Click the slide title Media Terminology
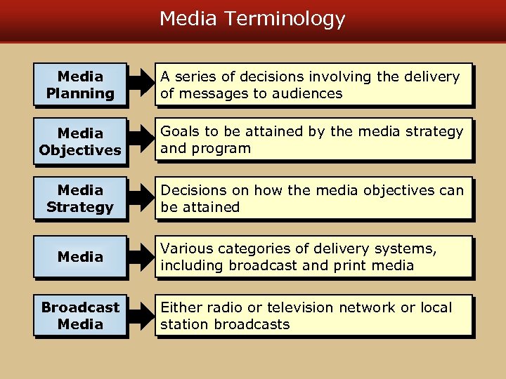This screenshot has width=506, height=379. [x=252, y=19]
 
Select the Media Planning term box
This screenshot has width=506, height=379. [x=80, y=85]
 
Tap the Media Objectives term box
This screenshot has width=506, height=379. [x=80, y=142]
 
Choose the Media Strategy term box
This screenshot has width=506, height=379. [x=80, y=199]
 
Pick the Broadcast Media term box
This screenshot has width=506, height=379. [x=80, y=316]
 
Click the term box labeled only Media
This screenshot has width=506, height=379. [x=80, y=257]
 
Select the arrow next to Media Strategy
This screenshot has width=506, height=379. [x=143, y=199]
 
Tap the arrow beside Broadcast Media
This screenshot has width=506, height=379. [x=143, y=316]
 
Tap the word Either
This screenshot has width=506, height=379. [x=181, y=307]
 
